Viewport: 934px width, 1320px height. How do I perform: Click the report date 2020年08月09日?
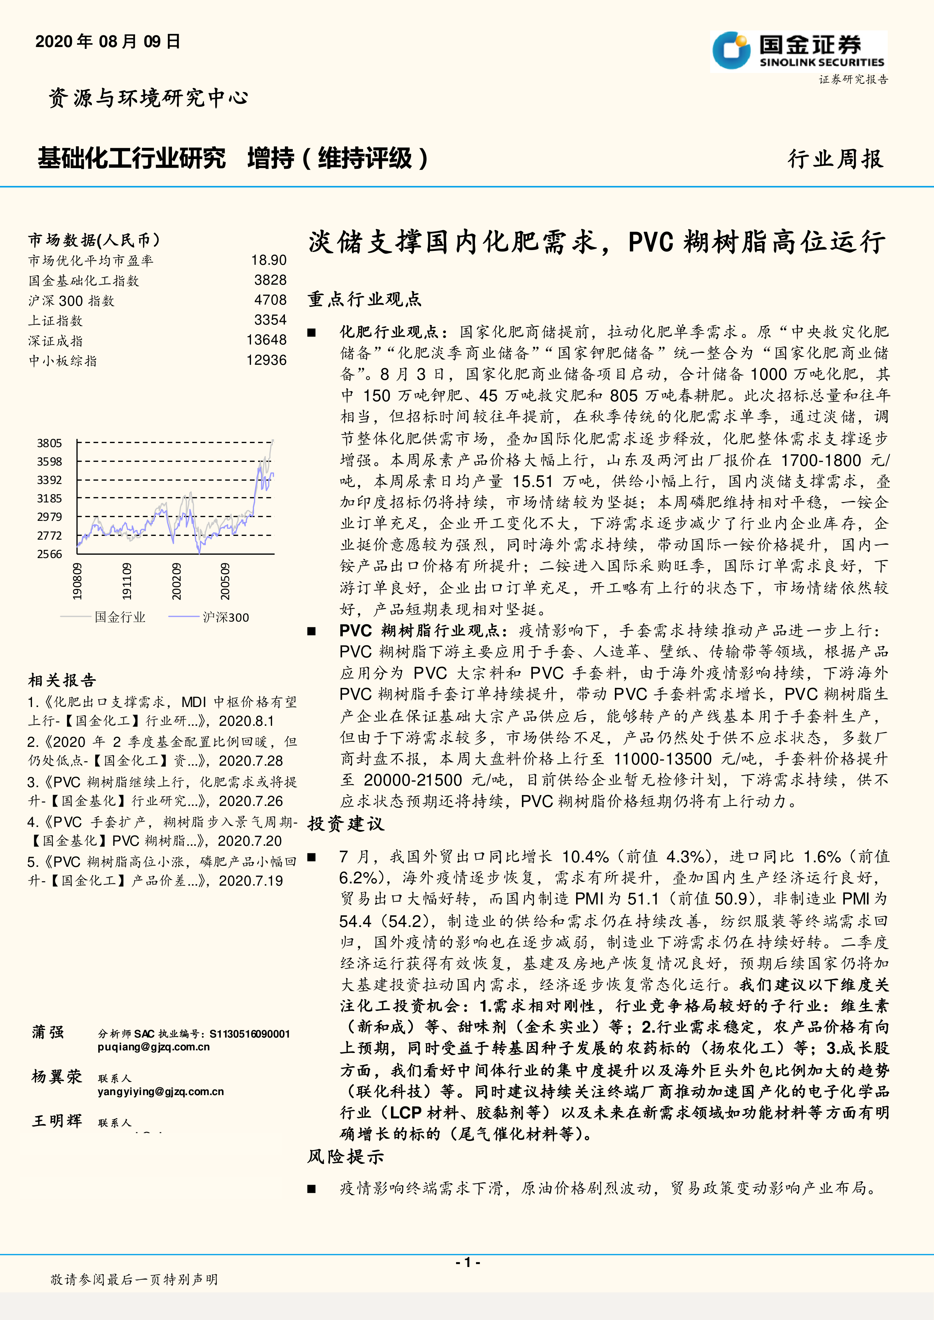[x=108, y=41]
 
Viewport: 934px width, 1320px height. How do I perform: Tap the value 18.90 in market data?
[x=269, y=261]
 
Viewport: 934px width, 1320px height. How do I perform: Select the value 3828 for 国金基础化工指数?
[x=270, y=280]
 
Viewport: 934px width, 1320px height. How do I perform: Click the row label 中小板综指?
[x=63, y=361]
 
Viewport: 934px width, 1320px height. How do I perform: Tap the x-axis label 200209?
[x=176, y=581]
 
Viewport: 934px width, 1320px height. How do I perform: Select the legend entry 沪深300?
[x=225, y=618]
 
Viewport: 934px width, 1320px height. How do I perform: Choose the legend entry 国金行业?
[x=120, y=618]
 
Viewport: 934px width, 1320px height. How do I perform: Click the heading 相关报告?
[x=62, y=681]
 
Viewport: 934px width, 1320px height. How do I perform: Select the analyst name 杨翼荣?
[x=57, y=1077]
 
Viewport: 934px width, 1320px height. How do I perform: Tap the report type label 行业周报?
[x=835, y=159]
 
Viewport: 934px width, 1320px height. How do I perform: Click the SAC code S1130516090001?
[x=249, y=1034]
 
